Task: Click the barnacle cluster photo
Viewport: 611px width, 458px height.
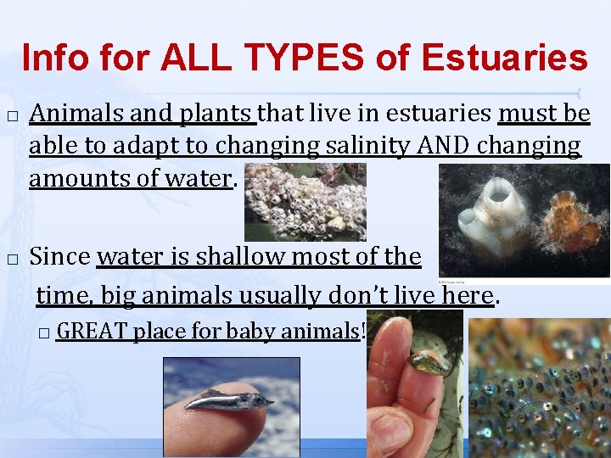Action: point(305,201)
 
